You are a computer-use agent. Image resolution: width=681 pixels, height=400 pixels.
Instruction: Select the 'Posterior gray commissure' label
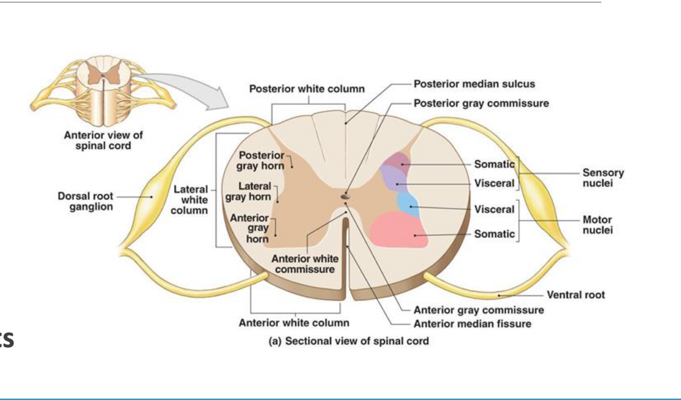point(481,103)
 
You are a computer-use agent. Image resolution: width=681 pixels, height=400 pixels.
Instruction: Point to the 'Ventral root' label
point(575,294)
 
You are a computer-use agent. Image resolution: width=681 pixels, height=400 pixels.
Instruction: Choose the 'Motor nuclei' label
point(598,225)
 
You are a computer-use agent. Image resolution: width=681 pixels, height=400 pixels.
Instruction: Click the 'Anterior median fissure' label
point(472,323)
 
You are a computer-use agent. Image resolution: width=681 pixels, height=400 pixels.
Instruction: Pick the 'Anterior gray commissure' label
point(478,310)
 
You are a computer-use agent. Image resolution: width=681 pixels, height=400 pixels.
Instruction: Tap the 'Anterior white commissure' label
point(304,264)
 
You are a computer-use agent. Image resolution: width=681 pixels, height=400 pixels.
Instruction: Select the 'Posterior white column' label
point(307,89)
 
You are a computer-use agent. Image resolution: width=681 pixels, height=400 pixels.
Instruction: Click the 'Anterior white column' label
point(294,322)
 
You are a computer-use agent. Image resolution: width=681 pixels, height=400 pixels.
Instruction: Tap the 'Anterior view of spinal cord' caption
point(103,140)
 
